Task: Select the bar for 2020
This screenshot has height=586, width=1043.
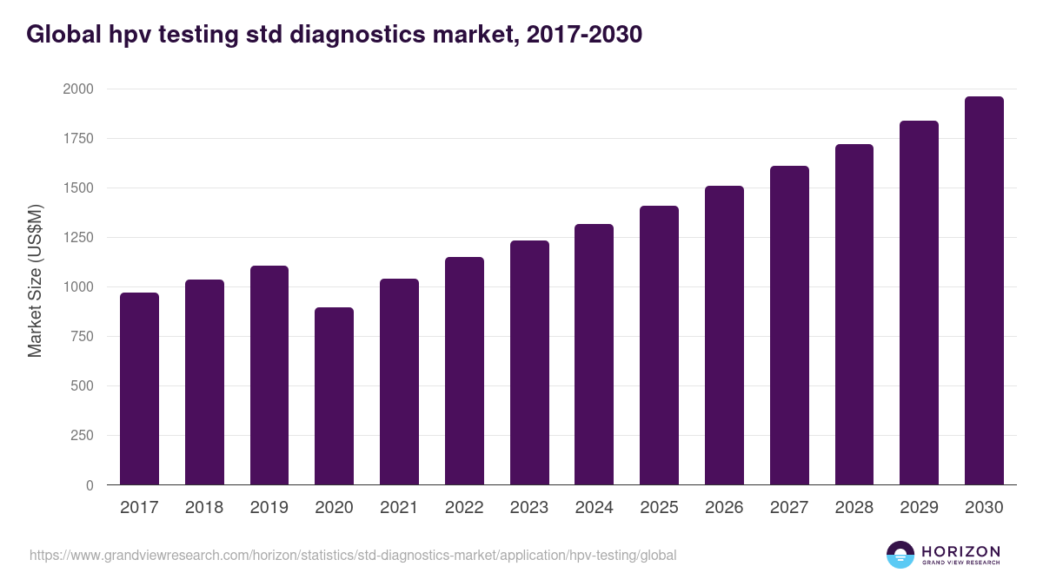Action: point(334,396)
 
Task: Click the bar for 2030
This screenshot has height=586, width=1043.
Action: point(984,291)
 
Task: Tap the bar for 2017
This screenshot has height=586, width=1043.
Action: point(139,389)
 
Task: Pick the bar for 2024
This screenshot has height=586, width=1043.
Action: point(594,354)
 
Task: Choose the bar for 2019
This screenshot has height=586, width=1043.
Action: point(269,375)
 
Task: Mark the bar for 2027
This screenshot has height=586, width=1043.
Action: point(789,326)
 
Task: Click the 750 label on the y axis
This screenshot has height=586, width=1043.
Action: point(83,337)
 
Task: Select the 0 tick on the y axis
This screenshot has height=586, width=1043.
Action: point(90,485)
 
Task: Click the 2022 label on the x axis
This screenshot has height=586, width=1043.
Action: point(464,508)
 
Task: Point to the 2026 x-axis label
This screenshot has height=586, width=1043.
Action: point(724,508)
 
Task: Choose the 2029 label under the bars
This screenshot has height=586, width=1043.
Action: point(919,508)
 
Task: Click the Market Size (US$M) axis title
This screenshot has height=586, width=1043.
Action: point(35,280)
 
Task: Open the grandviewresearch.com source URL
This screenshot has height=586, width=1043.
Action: point(352,555)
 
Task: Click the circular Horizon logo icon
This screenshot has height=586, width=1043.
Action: point(900,555)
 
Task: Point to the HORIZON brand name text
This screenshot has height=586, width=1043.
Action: point(960,550)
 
